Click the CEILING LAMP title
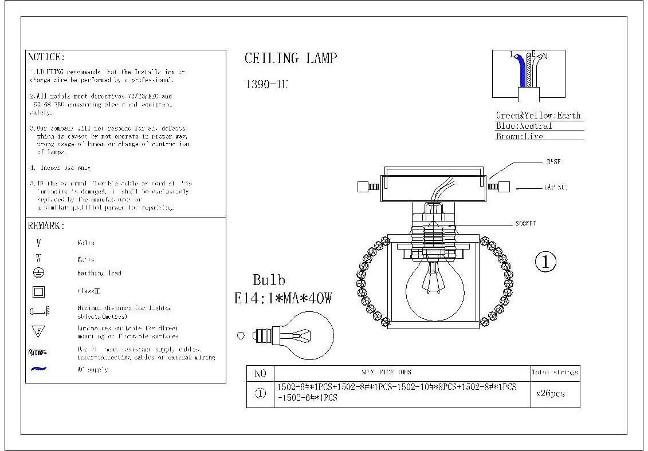(x=290, y=58)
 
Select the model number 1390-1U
(x=266, y=84)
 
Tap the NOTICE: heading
(x=46, y=57)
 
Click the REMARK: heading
(x=46, y=226)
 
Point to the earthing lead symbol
(x=38, y=273)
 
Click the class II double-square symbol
(x=38, y=291)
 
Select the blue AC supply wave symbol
(x=38, y=369)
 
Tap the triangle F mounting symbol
(x=38, y=331)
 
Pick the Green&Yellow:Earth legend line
(x=538, y=115)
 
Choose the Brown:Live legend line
(x=519, y=136)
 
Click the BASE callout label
(x=552, y=162)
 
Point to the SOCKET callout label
(x=525, y=223)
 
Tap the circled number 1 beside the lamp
(x=545, y=262)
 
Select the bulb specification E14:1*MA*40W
(x=283, y=298)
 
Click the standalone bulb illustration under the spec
(x=301, y=335)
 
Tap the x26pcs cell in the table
(x=550, y=394)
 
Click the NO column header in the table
(x=260, y=373)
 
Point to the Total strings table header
(x=555, y=373)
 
